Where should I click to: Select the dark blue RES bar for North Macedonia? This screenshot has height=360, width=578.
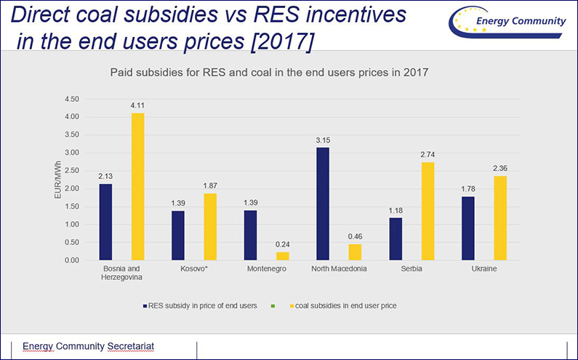coord(322,204)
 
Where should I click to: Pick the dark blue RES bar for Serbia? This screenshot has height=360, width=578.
coord(395,239)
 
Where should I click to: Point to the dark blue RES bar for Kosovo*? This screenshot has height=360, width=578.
coord(178,236)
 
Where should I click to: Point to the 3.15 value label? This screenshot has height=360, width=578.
coord(322,140)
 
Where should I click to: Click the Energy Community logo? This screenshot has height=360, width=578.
coord(509,23)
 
